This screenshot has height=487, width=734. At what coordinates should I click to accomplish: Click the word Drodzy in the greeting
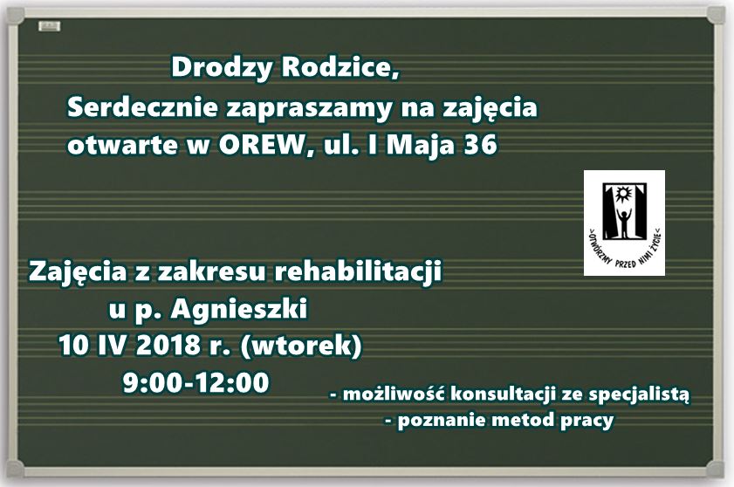pos(222,68)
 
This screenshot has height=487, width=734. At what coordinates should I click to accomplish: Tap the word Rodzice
pos(340,68)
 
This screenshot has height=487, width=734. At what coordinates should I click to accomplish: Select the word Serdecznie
pos(143,107)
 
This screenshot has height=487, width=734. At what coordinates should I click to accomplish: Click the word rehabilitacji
pos(357,271)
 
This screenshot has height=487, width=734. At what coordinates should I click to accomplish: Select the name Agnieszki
pos(239,310)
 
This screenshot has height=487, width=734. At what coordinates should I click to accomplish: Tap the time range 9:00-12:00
pos(196,382)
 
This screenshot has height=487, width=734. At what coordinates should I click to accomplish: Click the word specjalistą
pos(639,395)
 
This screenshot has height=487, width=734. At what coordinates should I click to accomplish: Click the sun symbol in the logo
pos(623,194)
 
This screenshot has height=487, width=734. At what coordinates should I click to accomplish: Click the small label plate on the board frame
pos(49,26)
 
